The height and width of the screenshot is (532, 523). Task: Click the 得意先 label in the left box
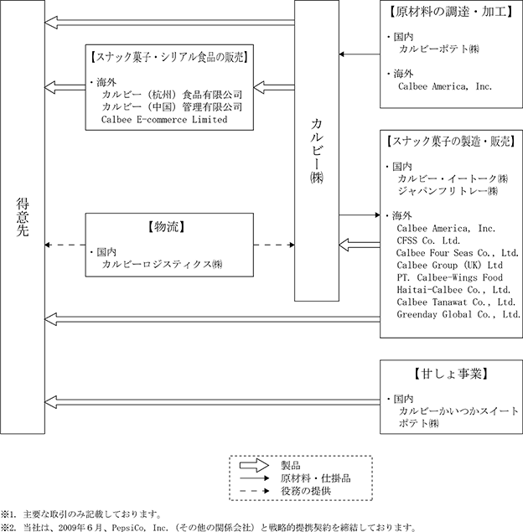[x=23, y=217]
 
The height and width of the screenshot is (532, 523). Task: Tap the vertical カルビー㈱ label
[x=317, y=151]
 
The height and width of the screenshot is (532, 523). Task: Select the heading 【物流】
[x=166, y=227]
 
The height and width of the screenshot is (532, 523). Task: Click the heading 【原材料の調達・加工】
[x=451, y=12]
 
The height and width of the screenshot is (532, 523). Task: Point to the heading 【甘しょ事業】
[x=451, y=374]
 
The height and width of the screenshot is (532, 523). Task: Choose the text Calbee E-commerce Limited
[x=164, y=120]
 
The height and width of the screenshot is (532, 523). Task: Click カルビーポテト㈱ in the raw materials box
[x=439, y=49]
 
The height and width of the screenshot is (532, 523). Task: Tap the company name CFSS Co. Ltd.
[x=428, y=240]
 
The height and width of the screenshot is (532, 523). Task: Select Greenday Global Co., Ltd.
[x=458, y=314]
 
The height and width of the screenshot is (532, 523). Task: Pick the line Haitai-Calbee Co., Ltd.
[x=453, y=290]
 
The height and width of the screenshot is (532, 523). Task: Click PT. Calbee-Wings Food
[x=450, y=277]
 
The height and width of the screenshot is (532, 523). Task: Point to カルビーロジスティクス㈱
[x=162, y=264]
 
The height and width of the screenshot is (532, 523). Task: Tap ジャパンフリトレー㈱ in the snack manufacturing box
[x=448, y=191]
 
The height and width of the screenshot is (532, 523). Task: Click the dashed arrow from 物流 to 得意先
[x=65, y=245]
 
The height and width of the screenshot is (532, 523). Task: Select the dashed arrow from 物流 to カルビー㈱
[x=274, y=245]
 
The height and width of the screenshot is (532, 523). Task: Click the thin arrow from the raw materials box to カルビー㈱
[x=360, y=54]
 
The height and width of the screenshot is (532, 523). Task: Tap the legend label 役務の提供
[x=306, y=491]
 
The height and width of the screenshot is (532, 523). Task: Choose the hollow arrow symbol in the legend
[x=254, y=465]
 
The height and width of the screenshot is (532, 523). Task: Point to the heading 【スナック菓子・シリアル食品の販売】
[x=169, y=57]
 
